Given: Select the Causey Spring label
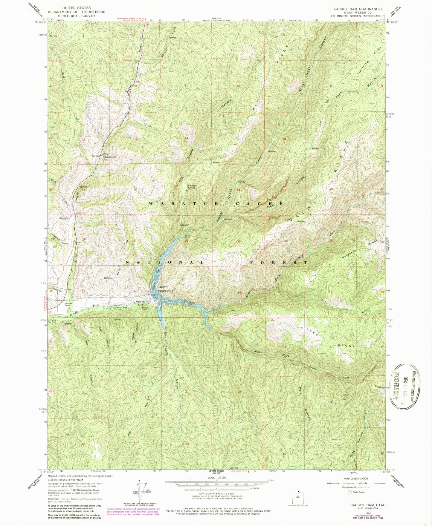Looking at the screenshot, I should pos(192,186).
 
